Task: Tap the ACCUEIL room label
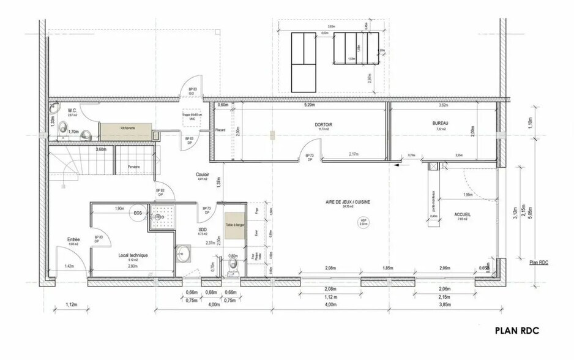462,214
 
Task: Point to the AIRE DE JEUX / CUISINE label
348,201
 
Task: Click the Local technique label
133,255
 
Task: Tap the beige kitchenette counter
127,129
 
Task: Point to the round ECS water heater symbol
139,214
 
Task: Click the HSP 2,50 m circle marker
363,223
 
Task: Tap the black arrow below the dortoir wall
398,164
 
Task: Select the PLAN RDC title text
518,331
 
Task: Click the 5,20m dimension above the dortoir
309,105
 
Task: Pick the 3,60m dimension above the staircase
101,149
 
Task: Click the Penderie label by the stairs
134,167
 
